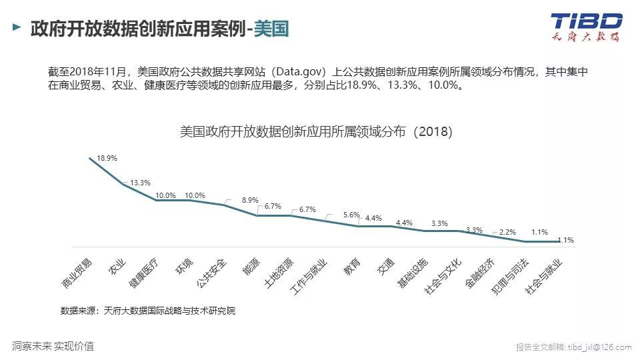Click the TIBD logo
[x=585, y=27]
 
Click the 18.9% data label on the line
[x=107, y=159]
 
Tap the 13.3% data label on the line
[x=140, y=183]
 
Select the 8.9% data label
[x=250, y=200]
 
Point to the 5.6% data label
[x=351, y=215]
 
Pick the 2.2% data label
[x=507, y=232]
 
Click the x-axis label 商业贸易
[x=77, y=272]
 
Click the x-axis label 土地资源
[x=278, y=272]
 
